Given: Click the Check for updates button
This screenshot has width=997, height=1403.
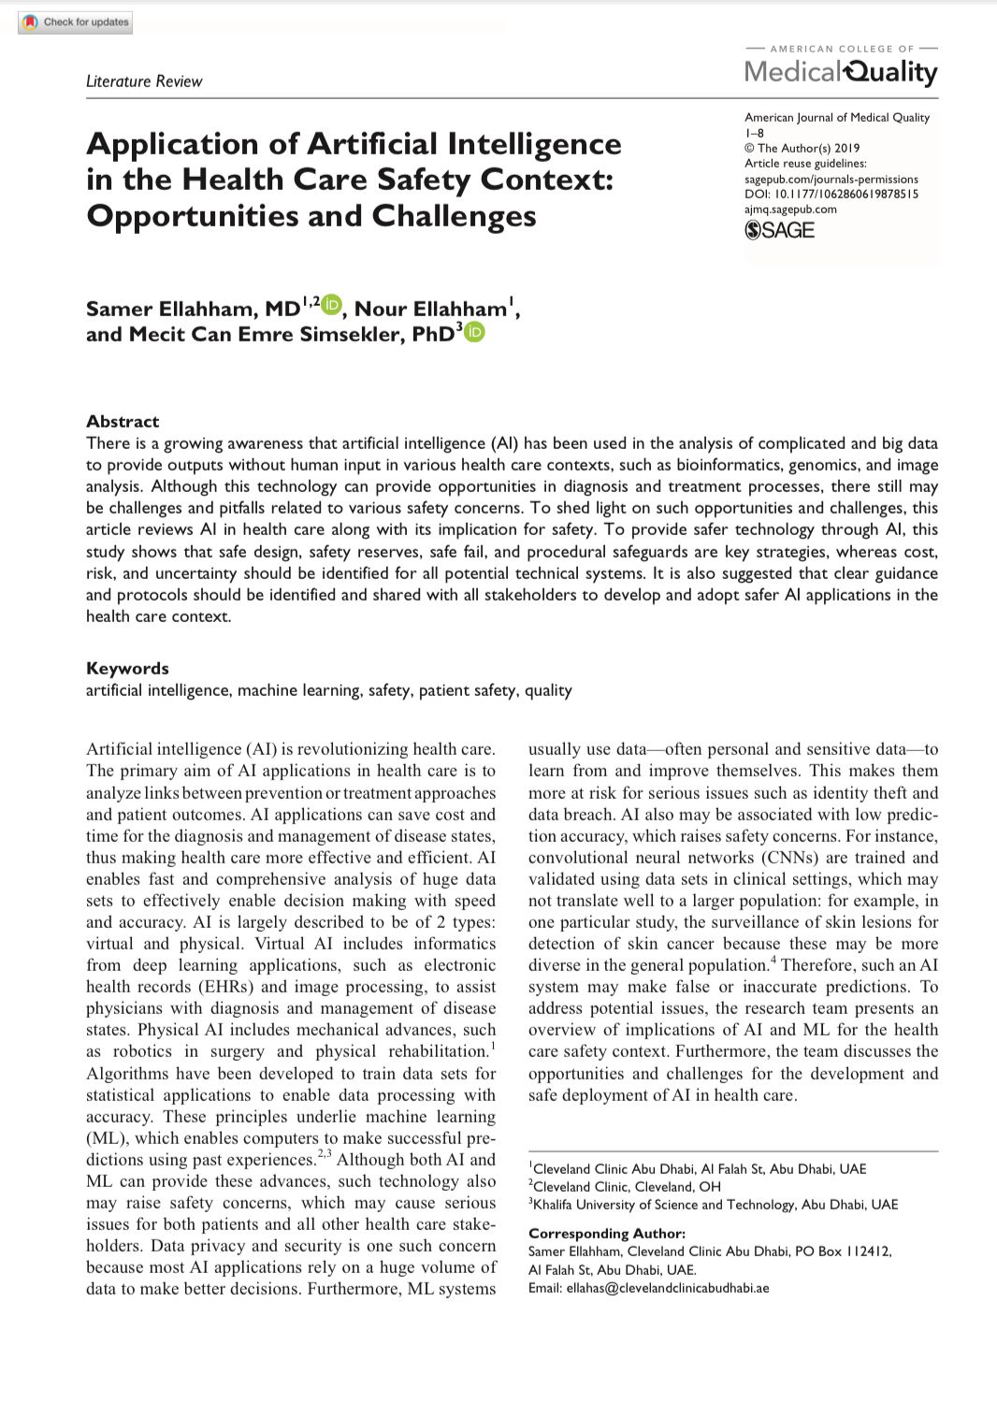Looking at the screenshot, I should tap(76, 22).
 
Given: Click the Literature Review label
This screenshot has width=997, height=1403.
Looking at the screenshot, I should tap(144, 81).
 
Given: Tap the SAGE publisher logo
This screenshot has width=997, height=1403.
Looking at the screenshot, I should tap(780, 230).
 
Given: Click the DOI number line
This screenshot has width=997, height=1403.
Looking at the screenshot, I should tap(831, 194).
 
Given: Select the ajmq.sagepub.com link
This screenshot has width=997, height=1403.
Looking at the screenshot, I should tap(790, 209).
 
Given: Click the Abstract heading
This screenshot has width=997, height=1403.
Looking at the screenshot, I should tap(123, 421).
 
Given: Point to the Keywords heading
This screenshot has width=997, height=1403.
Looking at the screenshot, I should tap(127, 668).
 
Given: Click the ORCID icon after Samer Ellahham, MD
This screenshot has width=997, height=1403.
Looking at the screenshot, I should tap(332, 305).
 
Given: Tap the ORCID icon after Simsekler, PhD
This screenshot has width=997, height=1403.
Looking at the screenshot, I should tap(474, 332).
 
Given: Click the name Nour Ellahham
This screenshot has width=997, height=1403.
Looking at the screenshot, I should tap(430, 309).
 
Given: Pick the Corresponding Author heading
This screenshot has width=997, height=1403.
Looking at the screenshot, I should tap(606, 1233).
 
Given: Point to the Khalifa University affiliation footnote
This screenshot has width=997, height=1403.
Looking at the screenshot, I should tap(715, 1204).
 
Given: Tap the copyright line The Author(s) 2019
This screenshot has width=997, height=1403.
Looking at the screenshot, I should tap(802, 148).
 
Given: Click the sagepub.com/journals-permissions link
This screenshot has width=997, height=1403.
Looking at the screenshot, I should tap(831, 179).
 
